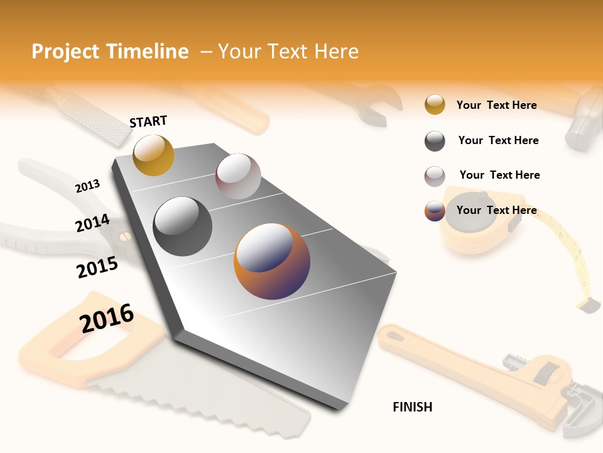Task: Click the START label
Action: [148, 121]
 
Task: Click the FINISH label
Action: [412, 407]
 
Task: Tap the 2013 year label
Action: [87, 186]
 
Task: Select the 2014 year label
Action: [92, 223]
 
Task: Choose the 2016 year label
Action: [107, 318]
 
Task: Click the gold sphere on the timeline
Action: [153, 155]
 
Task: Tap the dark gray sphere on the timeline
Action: [183, 226]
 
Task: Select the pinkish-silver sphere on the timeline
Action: [238, 176]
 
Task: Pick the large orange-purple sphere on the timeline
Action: [272, 261]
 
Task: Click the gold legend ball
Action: [435, 105]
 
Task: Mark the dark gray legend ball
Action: [435, 141]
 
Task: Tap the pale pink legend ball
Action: [435, 176]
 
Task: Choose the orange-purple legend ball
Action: [435, 211]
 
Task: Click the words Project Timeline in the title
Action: [110, 52]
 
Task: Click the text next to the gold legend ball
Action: [496, 105]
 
